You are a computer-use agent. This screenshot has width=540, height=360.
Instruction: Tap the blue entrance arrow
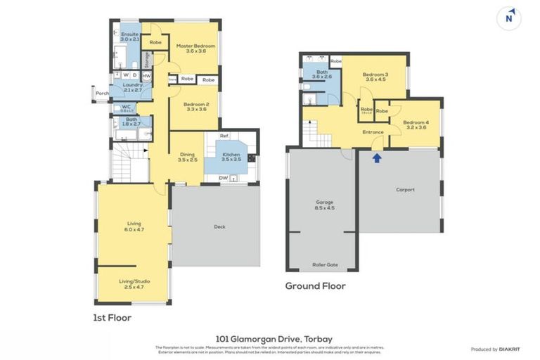pos(377,157)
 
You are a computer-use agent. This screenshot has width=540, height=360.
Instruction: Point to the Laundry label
pos(132,87)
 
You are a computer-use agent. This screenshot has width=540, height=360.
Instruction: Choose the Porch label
pos(102,93)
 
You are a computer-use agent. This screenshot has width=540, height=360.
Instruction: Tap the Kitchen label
pos(231,156)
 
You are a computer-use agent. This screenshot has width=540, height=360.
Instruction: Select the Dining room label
pos(186,156)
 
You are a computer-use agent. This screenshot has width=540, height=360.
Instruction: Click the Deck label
pos(219,226)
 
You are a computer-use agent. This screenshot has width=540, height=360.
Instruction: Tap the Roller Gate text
pos(325,265)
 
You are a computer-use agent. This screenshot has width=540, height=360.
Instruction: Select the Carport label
pos(405,189)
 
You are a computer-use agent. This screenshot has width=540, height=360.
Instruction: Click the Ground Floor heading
pos(315,286)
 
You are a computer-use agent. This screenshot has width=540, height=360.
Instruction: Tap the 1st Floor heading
pos(112,318)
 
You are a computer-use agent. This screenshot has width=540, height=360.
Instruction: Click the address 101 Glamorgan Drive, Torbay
pos(270,337)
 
